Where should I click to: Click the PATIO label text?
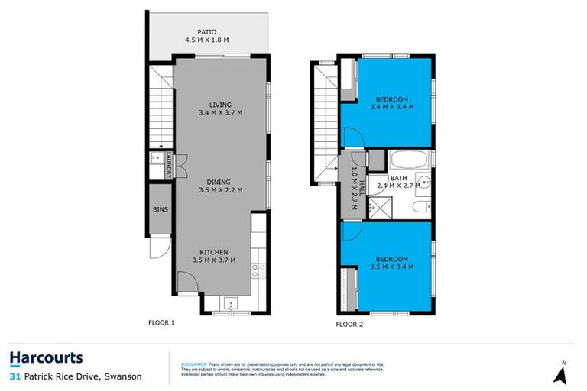click(206, 32)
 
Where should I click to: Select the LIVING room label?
click(221, 105)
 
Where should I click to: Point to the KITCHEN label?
click(214, 252)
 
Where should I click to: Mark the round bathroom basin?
click(426, 183)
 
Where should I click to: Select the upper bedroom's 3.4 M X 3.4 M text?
click(391, 108)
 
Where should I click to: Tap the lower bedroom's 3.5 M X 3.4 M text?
click(391, 267)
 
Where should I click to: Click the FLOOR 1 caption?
click(161, 322)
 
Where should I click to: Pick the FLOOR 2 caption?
click(349, 325)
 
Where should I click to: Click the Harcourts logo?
click(46, 358)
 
